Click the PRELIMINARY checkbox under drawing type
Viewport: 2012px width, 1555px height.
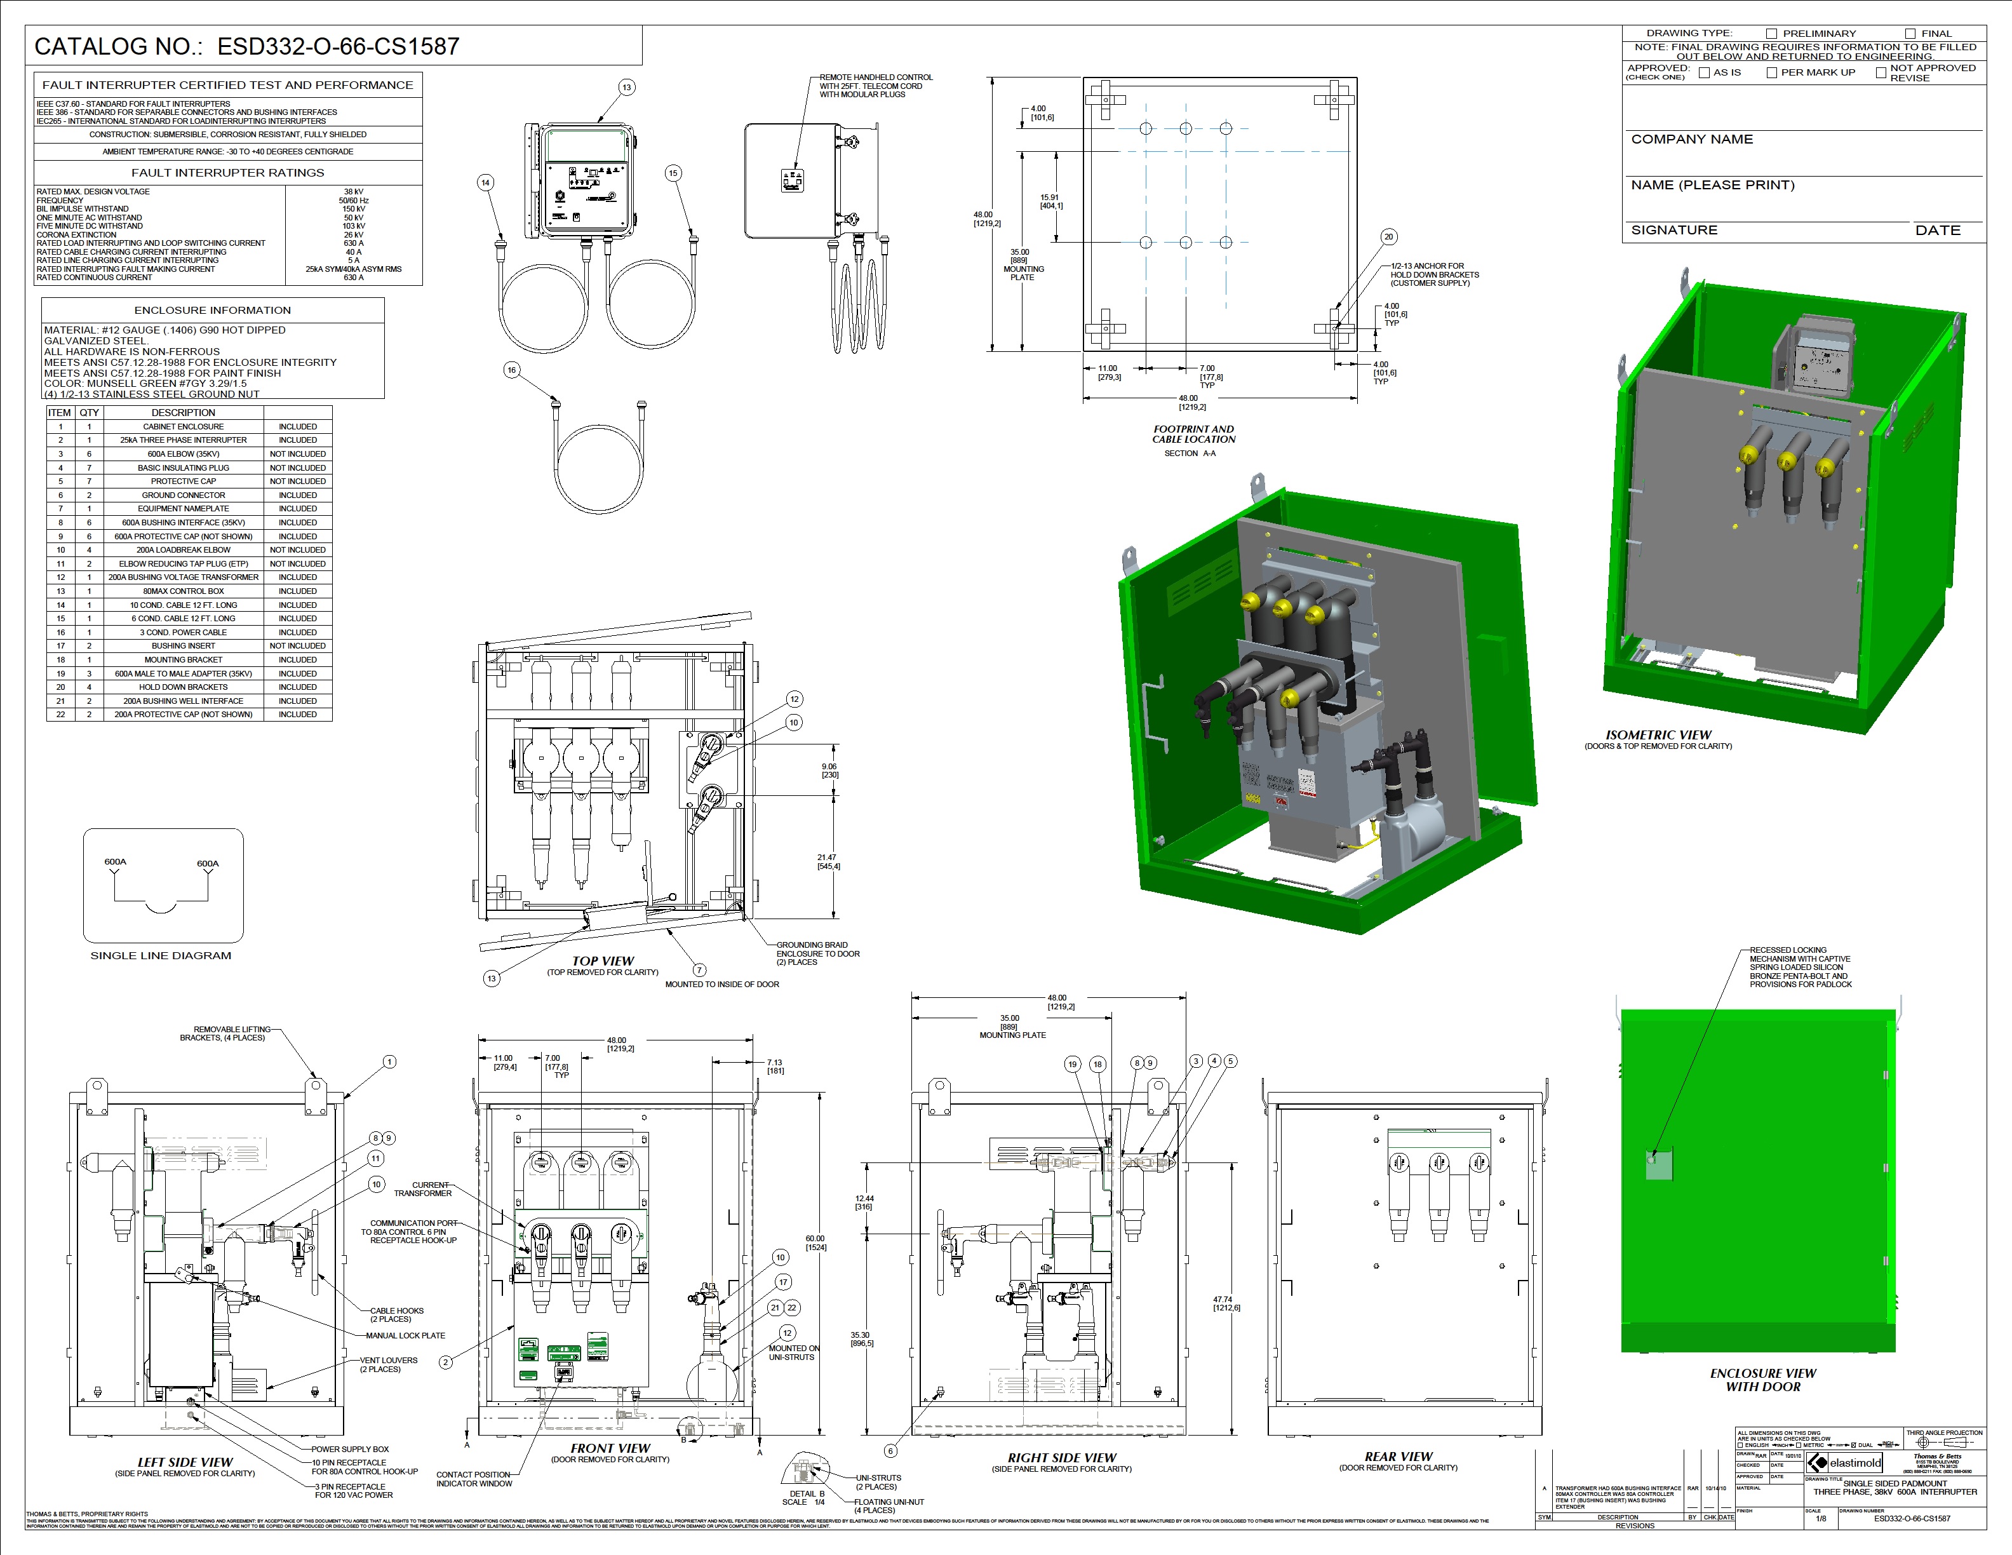[1771, 34]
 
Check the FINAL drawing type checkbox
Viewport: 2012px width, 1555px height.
[1910, 34]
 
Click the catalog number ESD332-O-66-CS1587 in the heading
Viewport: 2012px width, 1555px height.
[338, 47]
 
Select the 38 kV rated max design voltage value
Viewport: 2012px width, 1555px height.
[353, 192]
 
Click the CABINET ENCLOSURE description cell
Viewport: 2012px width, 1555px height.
[184, 426]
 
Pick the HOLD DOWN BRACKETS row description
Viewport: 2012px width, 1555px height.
[184, 687]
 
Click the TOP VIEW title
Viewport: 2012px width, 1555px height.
[603, 961]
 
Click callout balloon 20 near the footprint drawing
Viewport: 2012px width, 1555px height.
[1388, 237]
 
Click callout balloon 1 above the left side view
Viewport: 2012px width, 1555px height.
[390, 1062]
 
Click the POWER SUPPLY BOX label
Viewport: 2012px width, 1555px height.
[350, 1449]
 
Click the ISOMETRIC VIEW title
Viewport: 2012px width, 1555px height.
[1658, 735]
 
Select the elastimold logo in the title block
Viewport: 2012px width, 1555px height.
[1844, 1463]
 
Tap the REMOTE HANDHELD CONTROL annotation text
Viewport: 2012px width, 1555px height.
[875, 77]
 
